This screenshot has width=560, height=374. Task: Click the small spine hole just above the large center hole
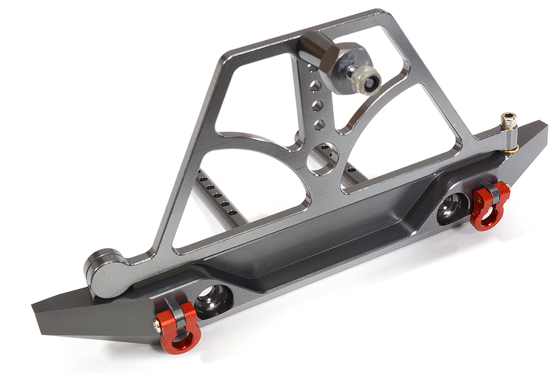coord(319,126)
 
